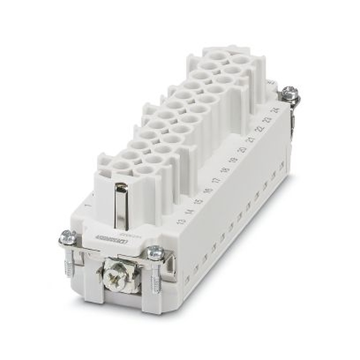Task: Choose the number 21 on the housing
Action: coord(251,139)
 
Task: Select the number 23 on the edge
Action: coord(268,120)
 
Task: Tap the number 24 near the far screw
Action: coord(277,110)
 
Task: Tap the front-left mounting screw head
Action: coord(68,237)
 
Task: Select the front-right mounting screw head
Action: coord(156,252)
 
